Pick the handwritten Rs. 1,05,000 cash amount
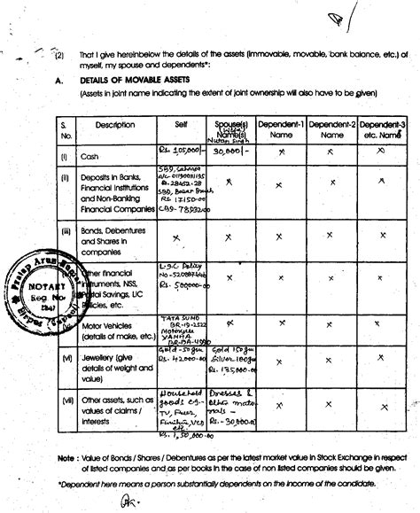tap(179, 151)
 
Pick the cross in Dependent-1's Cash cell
tap(280, 152)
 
